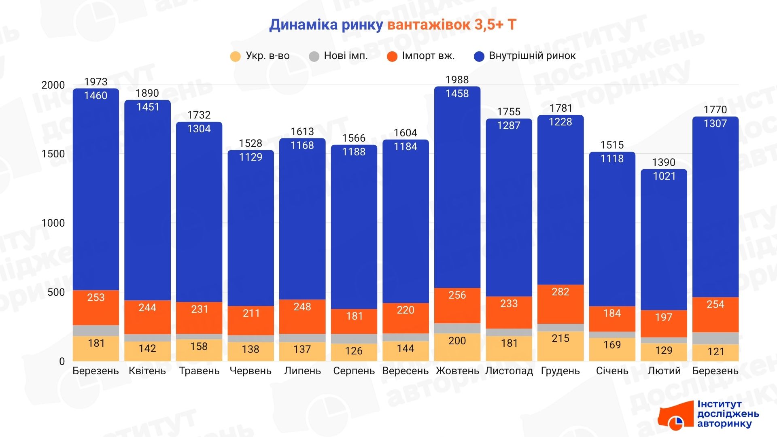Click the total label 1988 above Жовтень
[457, 80]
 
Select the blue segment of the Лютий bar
[664, 243]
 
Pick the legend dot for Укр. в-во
[235, 56]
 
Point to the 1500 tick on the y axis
[53, 154]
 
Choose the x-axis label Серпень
[354, 371]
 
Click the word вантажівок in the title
[429, 25]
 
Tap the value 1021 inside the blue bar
[664, 176]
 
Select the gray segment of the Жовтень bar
[457, 328]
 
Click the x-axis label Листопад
[509, 371]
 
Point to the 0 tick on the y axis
[62, 361]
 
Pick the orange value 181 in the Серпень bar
[354, 316]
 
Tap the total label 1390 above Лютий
[664, 162]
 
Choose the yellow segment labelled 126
[354, 351]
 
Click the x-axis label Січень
[612, 371]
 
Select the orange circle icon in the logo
[675, 423]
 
